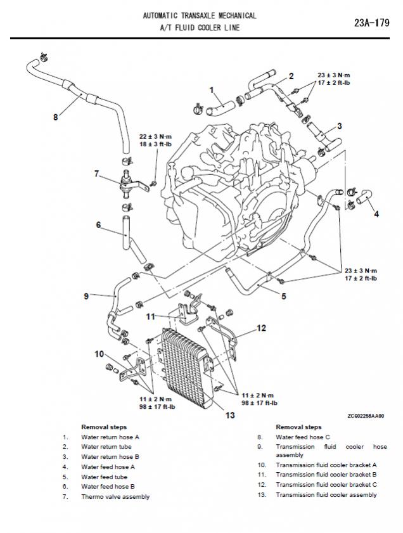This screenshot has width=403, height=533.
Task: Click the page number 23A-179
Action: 371,23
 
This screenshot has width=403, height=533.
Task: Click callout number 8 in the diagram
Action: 55,117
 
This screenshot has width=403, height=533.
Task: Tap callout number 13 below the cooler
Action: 230,415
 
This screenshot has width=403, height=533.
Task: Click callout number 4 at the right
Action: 376,214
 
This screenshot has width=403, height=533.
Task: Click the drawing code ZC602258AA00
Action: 365,416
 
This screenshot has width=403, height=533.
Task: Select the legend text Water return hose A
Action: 110,437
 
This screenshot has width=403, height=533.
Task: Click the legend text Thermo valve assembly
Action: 115,497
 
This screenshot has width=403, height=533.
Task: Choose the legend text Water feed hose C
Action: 302,437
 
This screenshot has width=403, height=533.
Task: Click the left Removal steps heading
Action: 104,427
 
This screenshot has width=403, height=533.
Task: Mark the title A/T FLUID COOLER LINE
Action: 199,28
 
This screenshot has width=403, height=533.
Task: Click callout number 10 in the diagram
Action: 99,354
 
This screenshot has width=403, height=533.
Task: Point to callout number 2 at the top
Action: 291,76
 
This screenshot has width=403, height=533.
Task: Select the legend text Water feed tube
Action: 105,477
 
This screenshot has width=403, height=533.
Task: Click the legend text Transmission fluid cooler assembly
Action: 326,495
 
